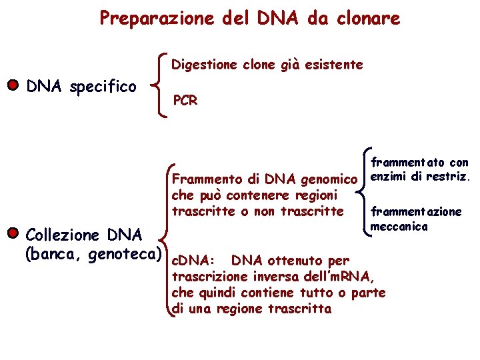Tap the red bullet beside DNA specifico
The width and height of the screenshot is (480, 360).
pyautogui.click(x=12, y=86)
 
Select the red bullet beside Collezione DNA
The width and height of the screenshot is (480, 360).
pyautogui.click(x=12, y=234)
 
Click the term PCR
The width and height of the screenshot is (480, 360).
pyautogui.click(x=185, y=101)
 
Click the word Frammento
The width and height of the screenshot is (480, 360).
pyautogui.click(x=204, y=179)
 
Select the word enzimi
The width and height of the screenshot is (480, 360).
pyautogui.click(x=389, y=177)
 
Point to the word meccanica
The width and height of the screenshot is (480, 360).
pyautogui.click(x=399, y=227)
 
